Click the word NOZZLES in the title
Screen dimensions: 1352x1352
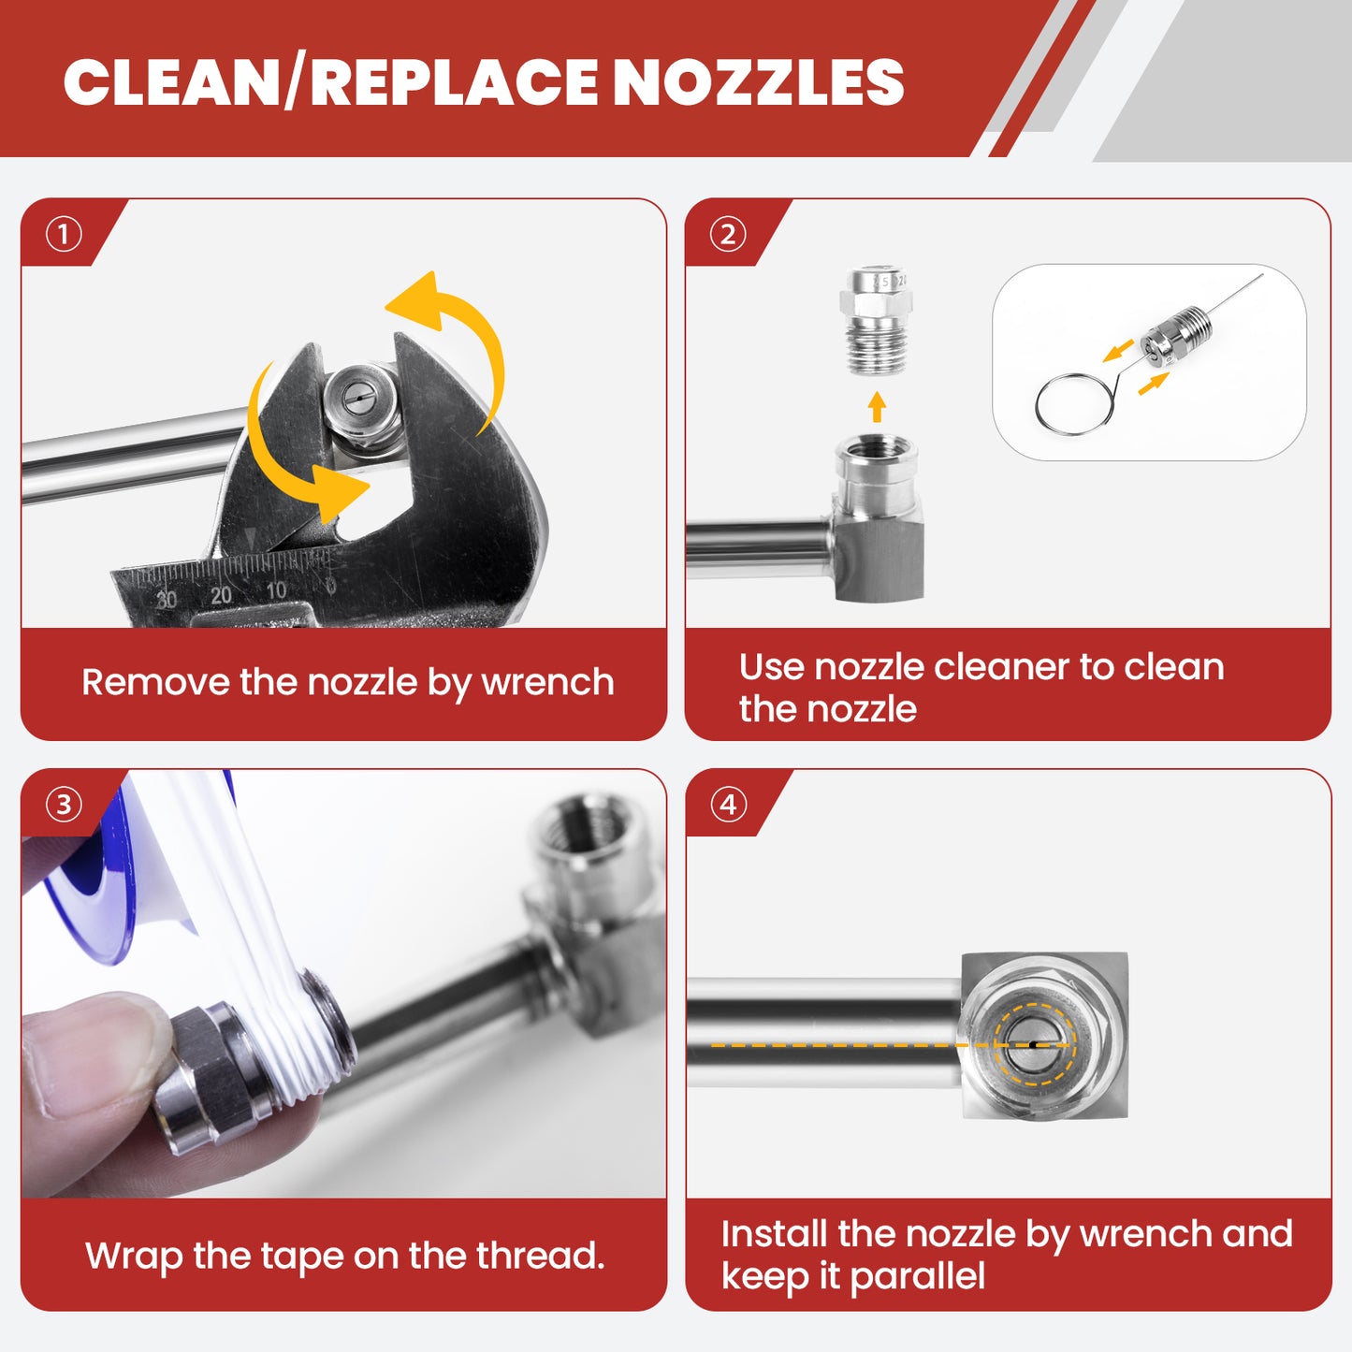tap(763, 82)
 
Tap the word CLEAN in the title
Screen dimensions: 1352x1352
tap(172, 82)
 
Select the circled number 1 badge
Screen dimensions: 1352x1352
tap(63, 234)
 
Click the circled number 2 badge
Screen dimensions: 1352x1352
tap(728, 234)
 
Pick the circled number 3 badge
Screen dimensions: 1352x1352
tap(63, 805)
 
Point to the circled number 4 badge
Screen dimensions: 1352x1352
tap(728, 805)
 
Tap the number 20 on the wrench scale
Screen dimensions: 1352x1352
tap(221, 595)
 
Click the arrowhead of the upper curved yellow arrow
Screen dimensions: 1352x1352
tap(414, 300)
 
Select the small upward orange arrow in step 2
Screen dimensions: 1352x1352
tap(877, 406)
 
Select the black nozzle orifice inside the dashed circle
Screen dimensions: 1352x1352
tap(1033, 1046)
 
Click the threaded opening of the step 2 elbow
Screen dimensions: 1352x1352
tap(877, 447)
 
